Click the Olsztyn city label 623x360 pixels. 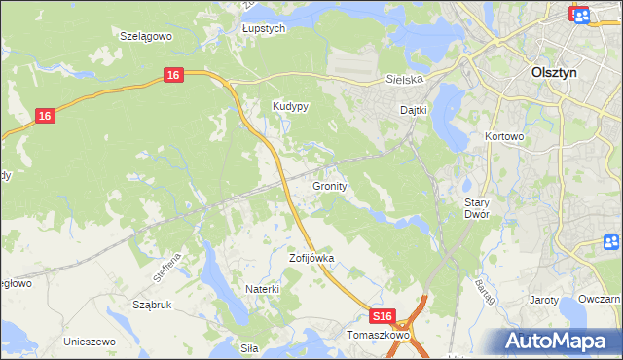click(x=558, y=72)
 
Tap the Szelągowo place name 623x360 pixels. click(x=146, y=35)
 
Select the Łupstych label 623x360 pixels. click(x=263, y=29)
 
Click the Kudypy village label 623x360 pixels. click(x=290, y=107)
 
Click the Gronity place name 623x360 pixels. click(x=331, y=185)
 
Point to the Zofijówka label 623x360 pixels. click(x=311, y=259)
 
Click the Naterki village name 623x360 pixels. click(x=262, y=289)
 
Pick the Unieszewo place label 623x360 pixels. click(x=90, y=342)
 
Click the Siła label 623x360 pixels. click(x=250, y=346)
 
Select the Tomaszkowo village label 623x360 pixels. click(x=379, y=335)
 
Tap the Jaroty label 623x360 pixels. click(x=544, y=300)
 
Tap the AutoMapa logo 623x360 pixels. click(x=557, y=341)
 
